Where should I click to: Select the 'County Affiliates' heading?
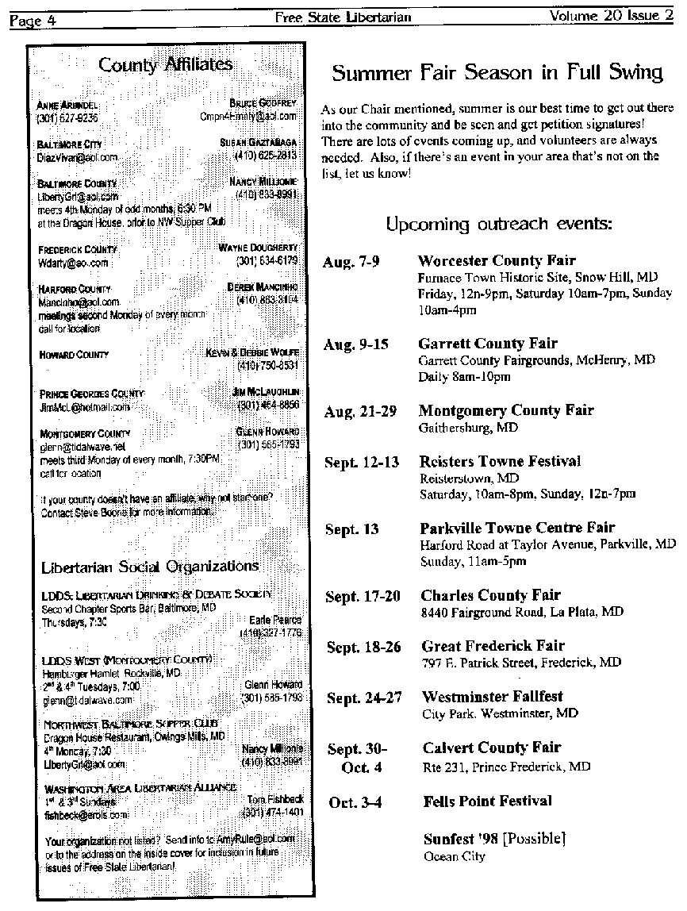tap(166, 64)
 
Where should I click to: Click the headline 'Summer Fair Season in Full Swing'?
tap(497, 73)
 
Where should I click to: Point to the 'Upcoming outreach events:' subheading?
tap(498, 225)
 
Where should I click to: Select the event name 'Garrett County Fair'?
tap(488, 344)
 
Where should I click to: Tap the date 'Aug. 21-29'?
tap(359, 411)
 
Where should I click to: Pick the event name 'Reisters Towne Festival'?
tap(500, 461)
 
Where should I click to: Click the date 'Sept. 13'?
tap(352, 529)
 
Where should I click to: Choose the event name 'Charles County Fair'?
tap(490, 595)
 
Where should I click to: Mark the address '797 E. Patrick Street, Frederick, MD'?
tap(520, 662)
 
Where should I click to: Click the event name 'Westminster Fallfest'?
tap(493, 697)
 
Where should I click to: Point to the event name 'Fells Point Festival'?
tap(487, 801)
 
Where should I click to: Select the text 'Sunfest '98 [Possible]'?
tap(494, 839)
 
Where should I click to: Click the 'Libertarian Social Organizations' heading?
tap(150, 566)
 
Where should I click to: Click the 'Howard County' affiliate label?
tap(74, 355)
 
